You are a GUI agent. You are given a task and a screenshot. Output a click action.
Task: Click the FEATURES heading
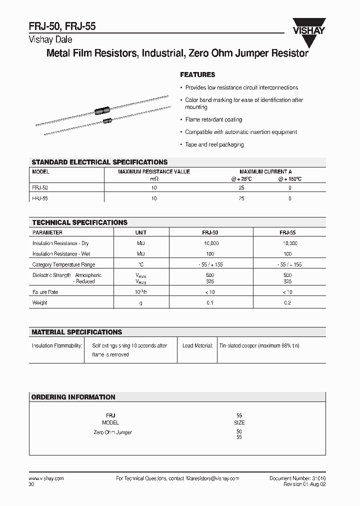[x=197, y=74]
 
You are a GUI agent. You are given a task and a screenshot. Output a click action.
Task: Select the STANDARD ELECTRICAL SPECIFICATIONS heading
[x=99, y=162]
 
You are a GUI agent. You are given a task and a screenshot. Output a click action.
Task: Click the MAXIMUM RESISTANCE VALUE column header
[x=153, y=171]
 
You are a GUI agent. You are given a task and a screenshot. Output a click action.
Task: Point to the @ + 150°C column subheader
[x=290, y=178]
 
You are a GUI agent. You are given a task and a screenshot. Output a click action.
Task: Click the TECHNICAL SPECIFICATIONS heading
[x=79, y=222]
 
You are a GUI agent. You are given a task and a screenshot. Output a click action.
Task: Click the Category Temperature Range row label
[x=63, y=264]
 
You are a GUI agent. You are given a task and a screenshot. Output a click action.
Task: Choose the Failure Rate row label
[x=46, y=292]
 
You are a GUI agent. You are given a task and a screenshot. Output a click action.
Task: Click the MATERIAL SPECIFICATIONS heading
[x=76, y=332]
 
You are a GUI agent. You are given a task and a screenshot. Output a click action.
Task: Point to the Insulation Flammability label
[x=57, y=345]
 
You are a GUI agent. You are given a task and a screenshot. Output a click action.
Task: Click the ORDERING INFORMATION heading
[x=73, y=397]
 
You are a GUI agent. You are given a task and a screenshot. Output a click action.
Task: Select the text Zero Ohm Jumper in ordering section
[x=112, y=432]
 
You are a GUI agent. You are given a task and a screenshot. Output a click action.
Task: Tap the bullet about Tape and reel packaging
[x=214, y=144]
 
